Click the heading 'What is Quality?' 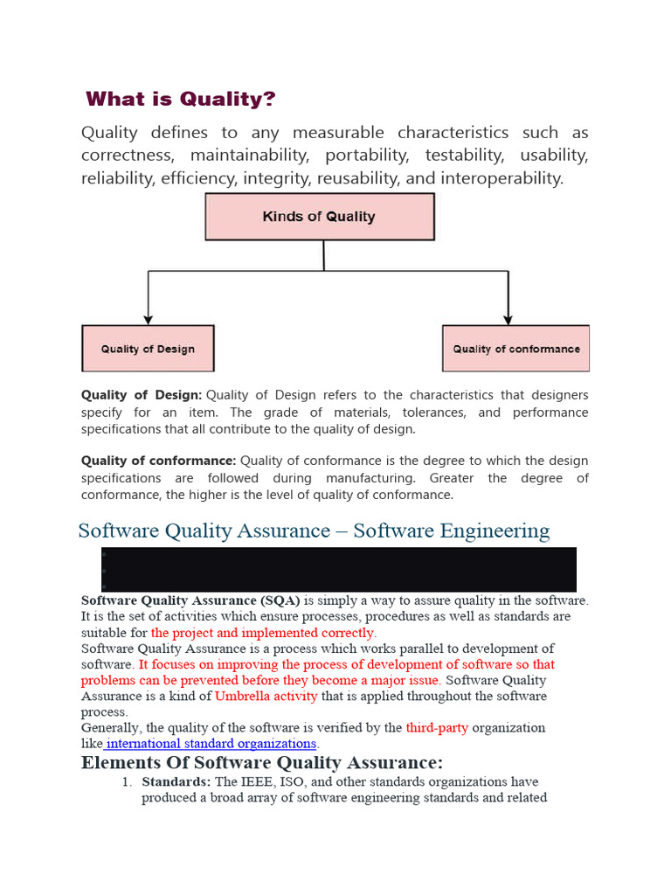181,99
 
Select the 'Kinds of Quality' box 319,217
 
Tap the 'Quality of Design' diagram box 148,349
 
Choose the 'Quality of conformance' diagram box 515,349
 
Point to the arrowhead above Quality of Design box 149,320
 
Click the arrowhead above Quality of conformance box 507,320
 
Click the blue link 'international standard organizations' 211,743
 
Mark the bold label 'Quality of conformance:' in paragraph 158,461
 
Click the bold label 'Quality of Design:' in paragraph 142,395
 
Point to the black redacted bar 339,569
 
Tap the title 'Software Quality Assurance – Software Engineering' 314,531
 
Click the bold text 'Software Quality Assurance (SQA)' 190,600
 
